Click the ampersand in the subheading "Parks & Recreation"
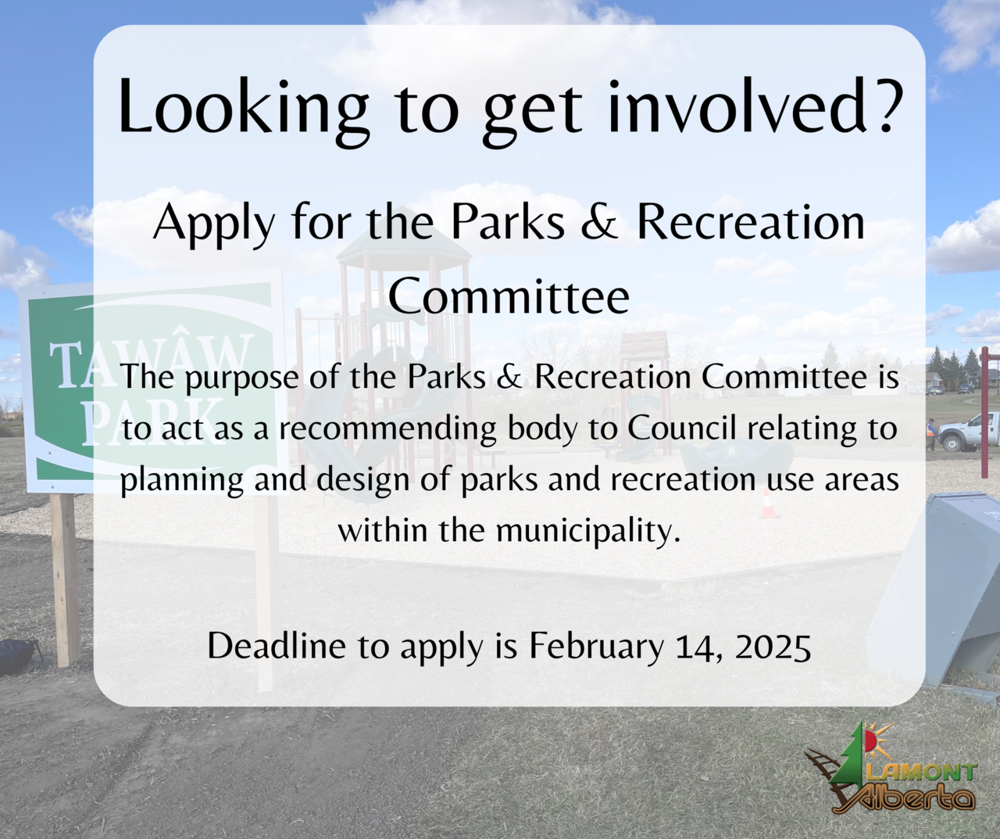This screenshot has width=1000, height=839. click(599, 221)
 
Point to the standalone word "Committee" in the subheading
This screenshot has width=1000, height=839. click(509, 297)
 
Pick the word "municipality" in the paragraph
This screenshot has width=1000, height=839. click(588, 531)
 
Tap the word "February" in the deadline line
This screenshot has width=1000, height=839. click(596, 647)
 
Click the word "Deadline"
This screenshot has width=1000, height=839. click(277, 646)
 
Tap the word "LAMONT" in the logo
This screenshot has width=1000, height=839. click(927, 773)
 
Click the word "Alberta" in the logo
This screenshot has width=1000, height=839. click(905, 798)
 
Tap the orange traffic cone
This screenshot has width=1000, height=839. click(768, 504)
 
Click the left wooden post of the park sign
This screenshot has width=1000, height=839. click(66, 579)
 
